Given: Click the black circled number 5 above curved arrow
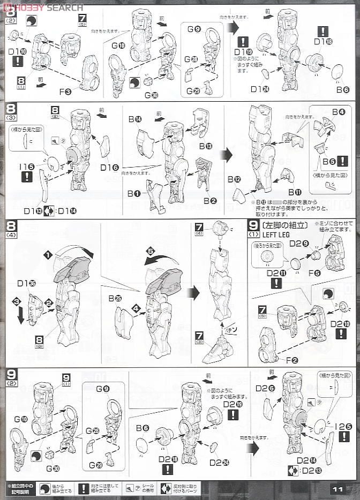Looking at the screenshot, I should pos(151,250).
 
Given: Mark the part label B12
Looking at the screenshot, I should pos(234,179).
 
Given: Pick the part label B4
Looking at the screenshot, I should pos(338,112).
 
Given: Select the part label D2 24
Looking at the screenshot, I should pos(218,462).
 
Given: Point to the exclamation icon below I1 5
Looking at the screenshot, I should pos(26,177).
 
